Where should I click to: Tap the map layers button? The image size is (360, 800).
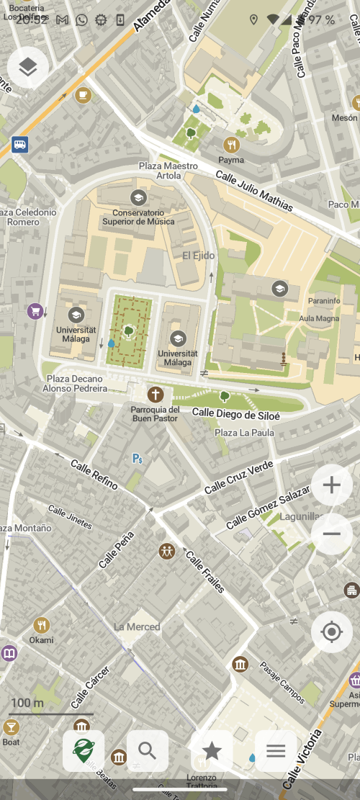(28, 68)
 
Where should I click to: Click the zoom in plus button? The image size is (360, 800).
(331, 485)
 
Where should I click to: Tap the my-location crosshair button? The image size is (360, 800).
(331, 632)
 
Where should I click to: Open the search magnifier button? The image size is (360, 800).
(148, 751)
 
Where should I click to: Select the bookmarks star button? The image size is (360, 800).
(212, 751)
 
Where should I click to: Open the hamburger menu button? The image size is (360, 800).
(276, 751)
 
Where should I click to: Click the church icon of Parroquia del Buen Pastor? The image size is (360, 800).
(155, 395)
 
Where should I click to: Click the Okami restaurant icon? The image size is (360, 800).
(42, 625)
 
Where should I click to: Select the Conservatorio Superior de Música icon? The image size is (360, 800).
(138, 197)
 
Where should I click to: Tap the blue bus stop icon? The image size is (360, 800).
(19, 145)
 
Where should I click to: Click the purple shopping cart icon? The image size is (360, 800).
(35, 311)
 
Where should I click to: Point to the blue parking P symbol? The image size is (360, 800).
(137, 458)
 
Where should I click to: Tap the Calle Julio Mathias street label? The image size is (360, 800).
(254, 191)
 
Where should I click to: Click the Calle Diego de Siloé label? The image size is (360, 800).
(235, 414)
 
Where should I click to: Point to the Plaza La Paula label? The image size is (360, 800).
(244, 432)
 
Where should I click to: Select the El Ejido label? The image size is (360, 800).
(197, 255)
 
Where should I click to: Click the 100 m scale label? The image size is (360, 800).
(27, 703)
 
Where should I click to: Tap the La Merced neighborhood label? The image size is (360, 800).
(137, 626)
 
